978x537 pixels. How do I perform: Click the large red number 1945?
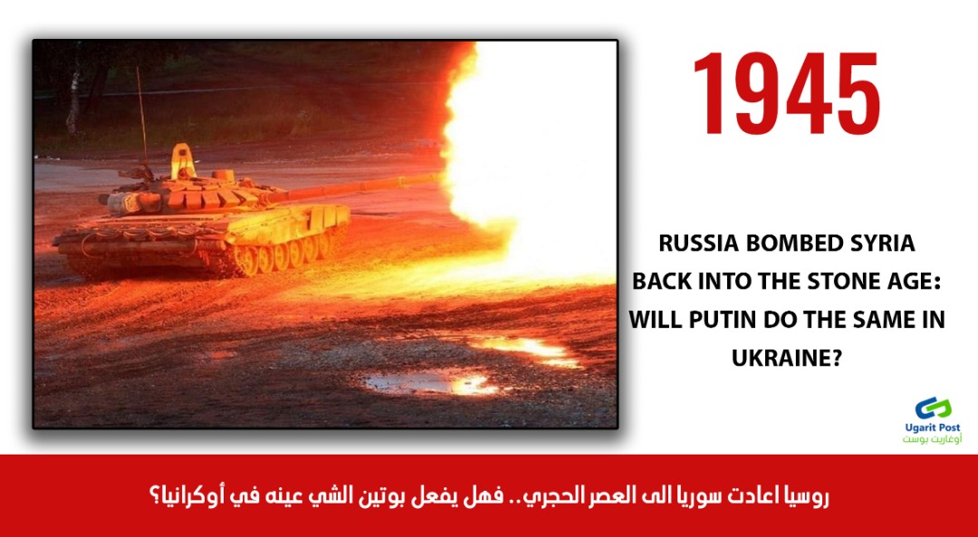786,93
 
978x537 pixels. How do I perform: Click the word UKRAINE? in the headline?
787,359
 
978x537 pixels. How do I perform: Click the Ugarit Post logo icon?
933,408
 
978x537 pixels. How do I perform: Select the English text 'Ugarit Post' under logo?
933,427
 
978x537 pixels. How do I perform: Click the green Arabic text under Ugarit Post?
933,439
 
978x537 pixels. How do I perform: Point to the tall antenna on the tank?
141,119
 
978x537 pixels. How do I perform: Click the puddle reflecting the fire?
430,382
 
